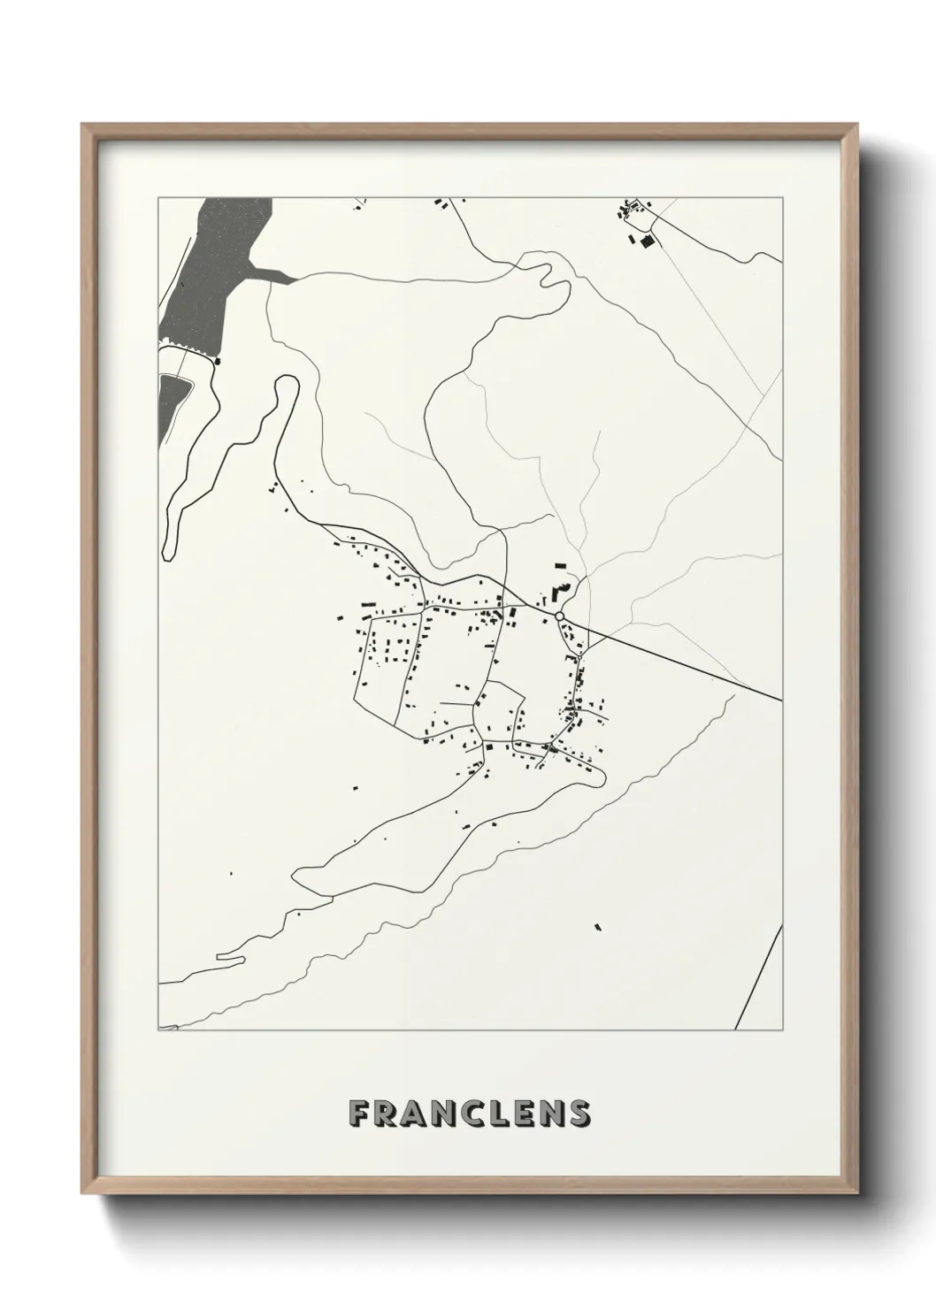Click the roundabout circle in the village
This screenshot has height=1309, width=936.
point(559,616)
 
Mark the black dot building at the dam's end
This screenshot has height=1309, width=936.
point(218,360)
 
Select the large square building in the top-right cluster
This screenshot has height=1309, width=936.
point(647,241)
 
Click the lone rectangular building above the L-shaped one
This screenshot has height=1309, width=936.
point(559,563)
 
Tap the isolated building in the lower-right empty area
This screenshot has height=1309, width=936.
point(598,927)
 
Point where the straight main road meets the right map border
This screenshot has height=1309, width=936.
point(781,700)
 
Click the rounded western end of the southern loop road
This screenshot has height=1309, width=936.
point(297,876)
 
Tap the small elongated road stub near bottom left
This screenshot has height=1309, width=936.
point(231,955)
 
